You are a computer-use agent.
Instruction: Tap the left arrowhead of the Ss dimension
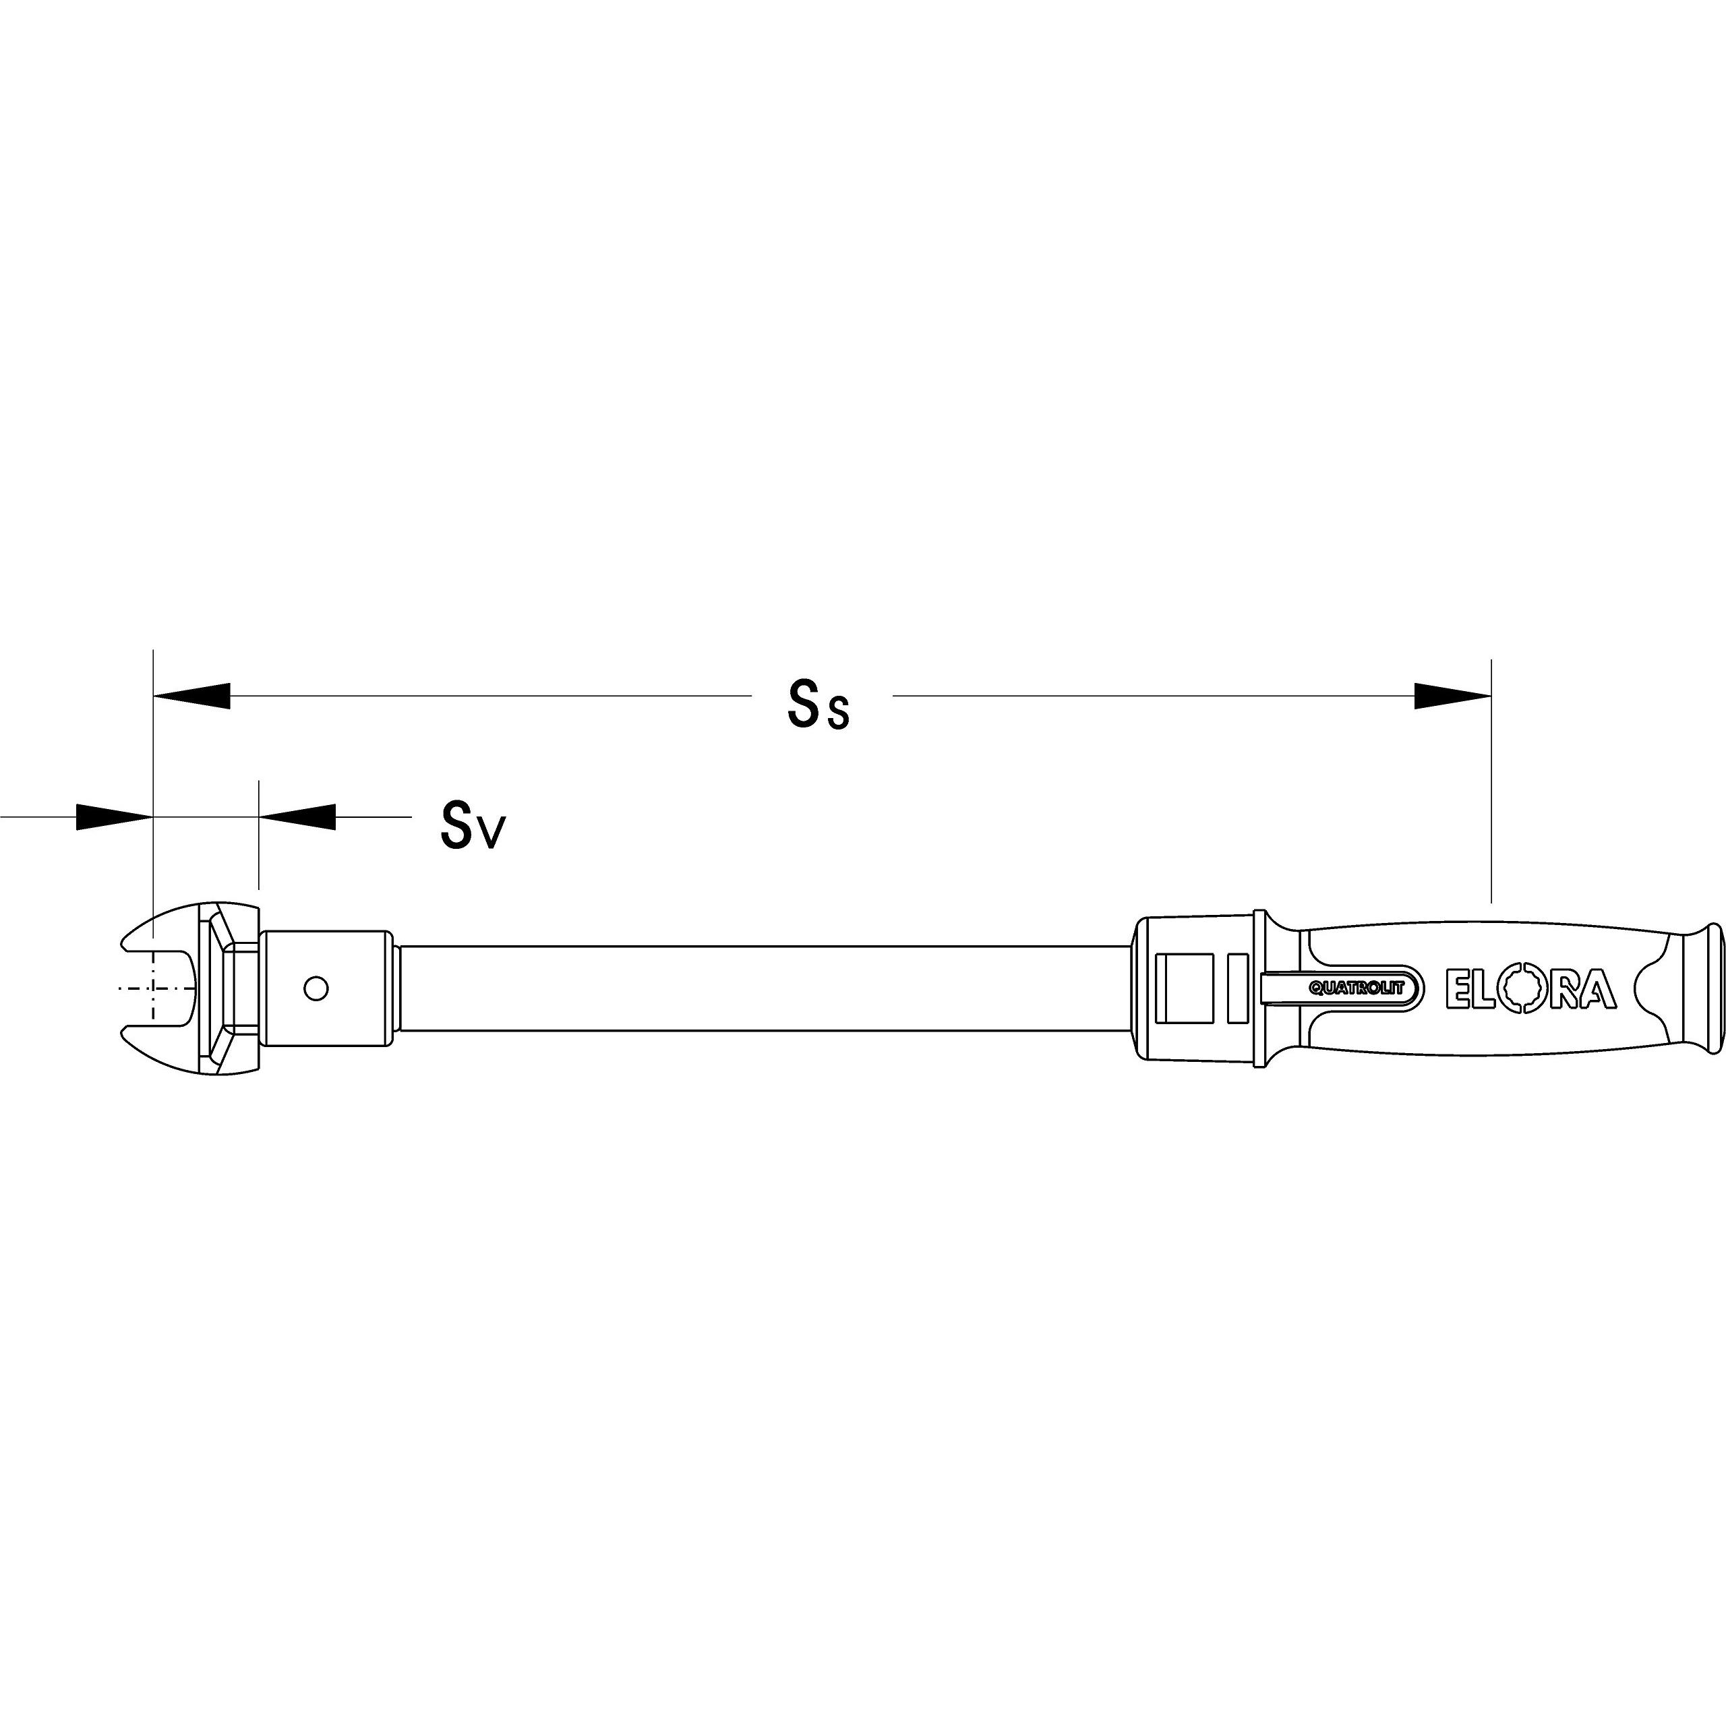pos(192,696)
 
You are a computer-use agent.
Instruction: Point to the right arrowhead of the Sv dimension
pos(297,816)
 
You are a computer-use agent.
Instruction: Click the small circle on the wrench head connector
pos(316,988)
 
